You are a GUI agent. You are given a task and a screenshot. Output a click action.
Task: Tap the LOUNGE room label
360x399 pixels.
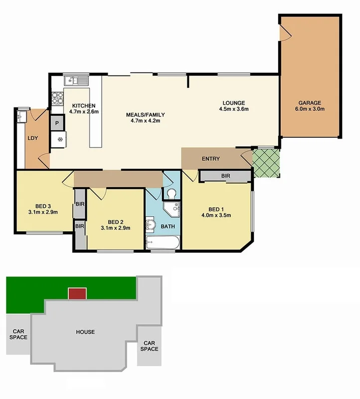point(234,103)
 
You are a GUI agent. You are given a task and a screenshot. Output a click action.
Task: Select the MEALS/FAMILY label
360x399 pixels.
point(145,115)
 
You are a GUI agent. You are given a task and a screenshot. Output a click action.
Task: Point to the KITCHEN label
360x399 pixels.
point(83,106)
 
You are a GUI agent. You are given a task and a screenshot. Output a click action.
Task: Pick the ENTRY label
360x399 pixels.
point(210,159)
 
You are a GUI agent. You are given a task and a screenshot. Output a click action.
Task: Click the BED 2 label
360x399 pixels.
point(115,222)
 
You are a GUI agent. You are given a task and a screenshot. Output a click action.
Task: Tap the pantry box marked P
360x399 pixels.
point(57,122)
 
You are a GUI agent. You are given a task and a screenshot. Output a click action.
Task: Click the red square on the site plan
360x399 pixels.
point(77,294)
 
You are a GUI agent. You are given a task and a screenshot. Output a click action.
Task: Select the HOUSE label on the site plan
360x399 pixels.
point(85,332)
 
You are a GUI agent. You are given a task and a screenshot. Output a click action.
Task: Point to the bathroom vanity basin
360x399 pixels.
point(151,226)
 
